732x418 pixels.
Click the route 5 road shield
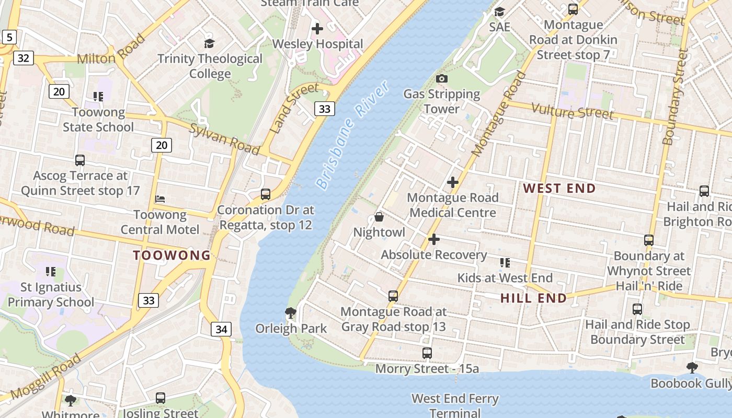[9, 37]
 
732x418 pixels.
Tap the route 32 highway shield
[23, 57]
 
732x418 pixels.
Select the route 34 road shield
[221, 329]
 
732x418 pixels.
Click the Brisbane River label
[352, 135]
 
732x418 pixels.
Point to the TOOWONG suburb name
[171, 256]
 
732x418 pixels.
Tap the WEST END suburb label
[559, 189]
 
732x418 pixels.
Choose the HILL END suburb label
[533, 298]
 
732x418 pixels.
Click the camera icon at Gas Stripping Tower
[441, 79]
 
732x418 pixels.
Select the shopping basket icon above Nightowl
[379, 217]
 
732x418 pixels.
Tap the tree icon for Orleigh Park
[291, 313]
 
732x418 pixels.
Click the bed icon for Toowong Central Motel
[160, 199]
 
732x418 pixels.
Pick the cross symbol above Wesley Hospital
[317, 28]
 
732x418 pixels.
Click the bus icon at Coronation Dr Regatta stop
[266, 194]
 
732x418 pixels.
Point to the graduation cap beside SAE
[499, 11]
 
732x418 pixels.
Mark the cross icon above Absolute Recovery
[434, 239]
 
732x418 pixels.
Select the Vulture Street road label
[572, 111]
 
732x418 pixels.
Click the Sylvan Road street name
[224, 139]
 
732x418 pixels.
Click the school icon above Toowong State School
[98, 96]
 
